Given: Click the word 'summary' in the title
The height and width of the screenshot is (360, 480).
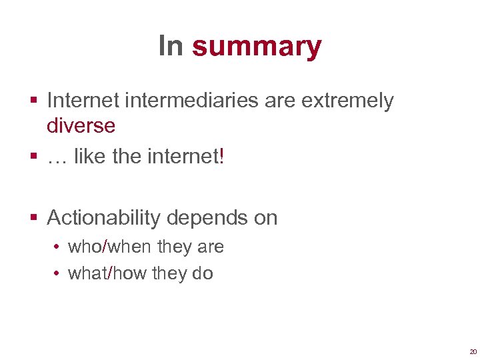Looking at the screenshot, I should [x=257, y=47].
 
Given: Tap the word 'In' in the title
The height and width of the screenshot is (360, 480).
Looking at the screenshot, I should [x=171, y=45].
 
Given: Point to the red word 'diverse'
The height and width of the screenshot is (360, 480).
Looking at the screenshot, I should [x=81, y=125].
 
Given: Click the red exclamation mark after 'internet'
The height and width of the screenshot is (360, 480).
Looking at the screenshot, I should [x=222, y=157].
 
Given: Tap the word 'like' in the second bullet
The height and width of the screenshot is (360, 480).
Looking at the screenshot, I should [x=88, y=157].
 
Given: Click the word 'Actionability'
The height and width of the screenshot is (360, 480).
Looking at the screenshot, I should [x=104, y=218].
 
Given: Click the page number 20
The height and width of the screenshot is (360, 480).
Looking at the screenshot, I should [x=473, y=351].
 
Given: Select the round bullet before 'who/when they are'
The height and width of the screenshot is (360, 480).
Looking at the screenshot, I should [x=59, y=247].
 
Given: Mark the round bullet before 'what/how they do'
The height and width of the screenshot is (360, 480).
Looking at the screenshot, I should [x=59, y=274].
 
